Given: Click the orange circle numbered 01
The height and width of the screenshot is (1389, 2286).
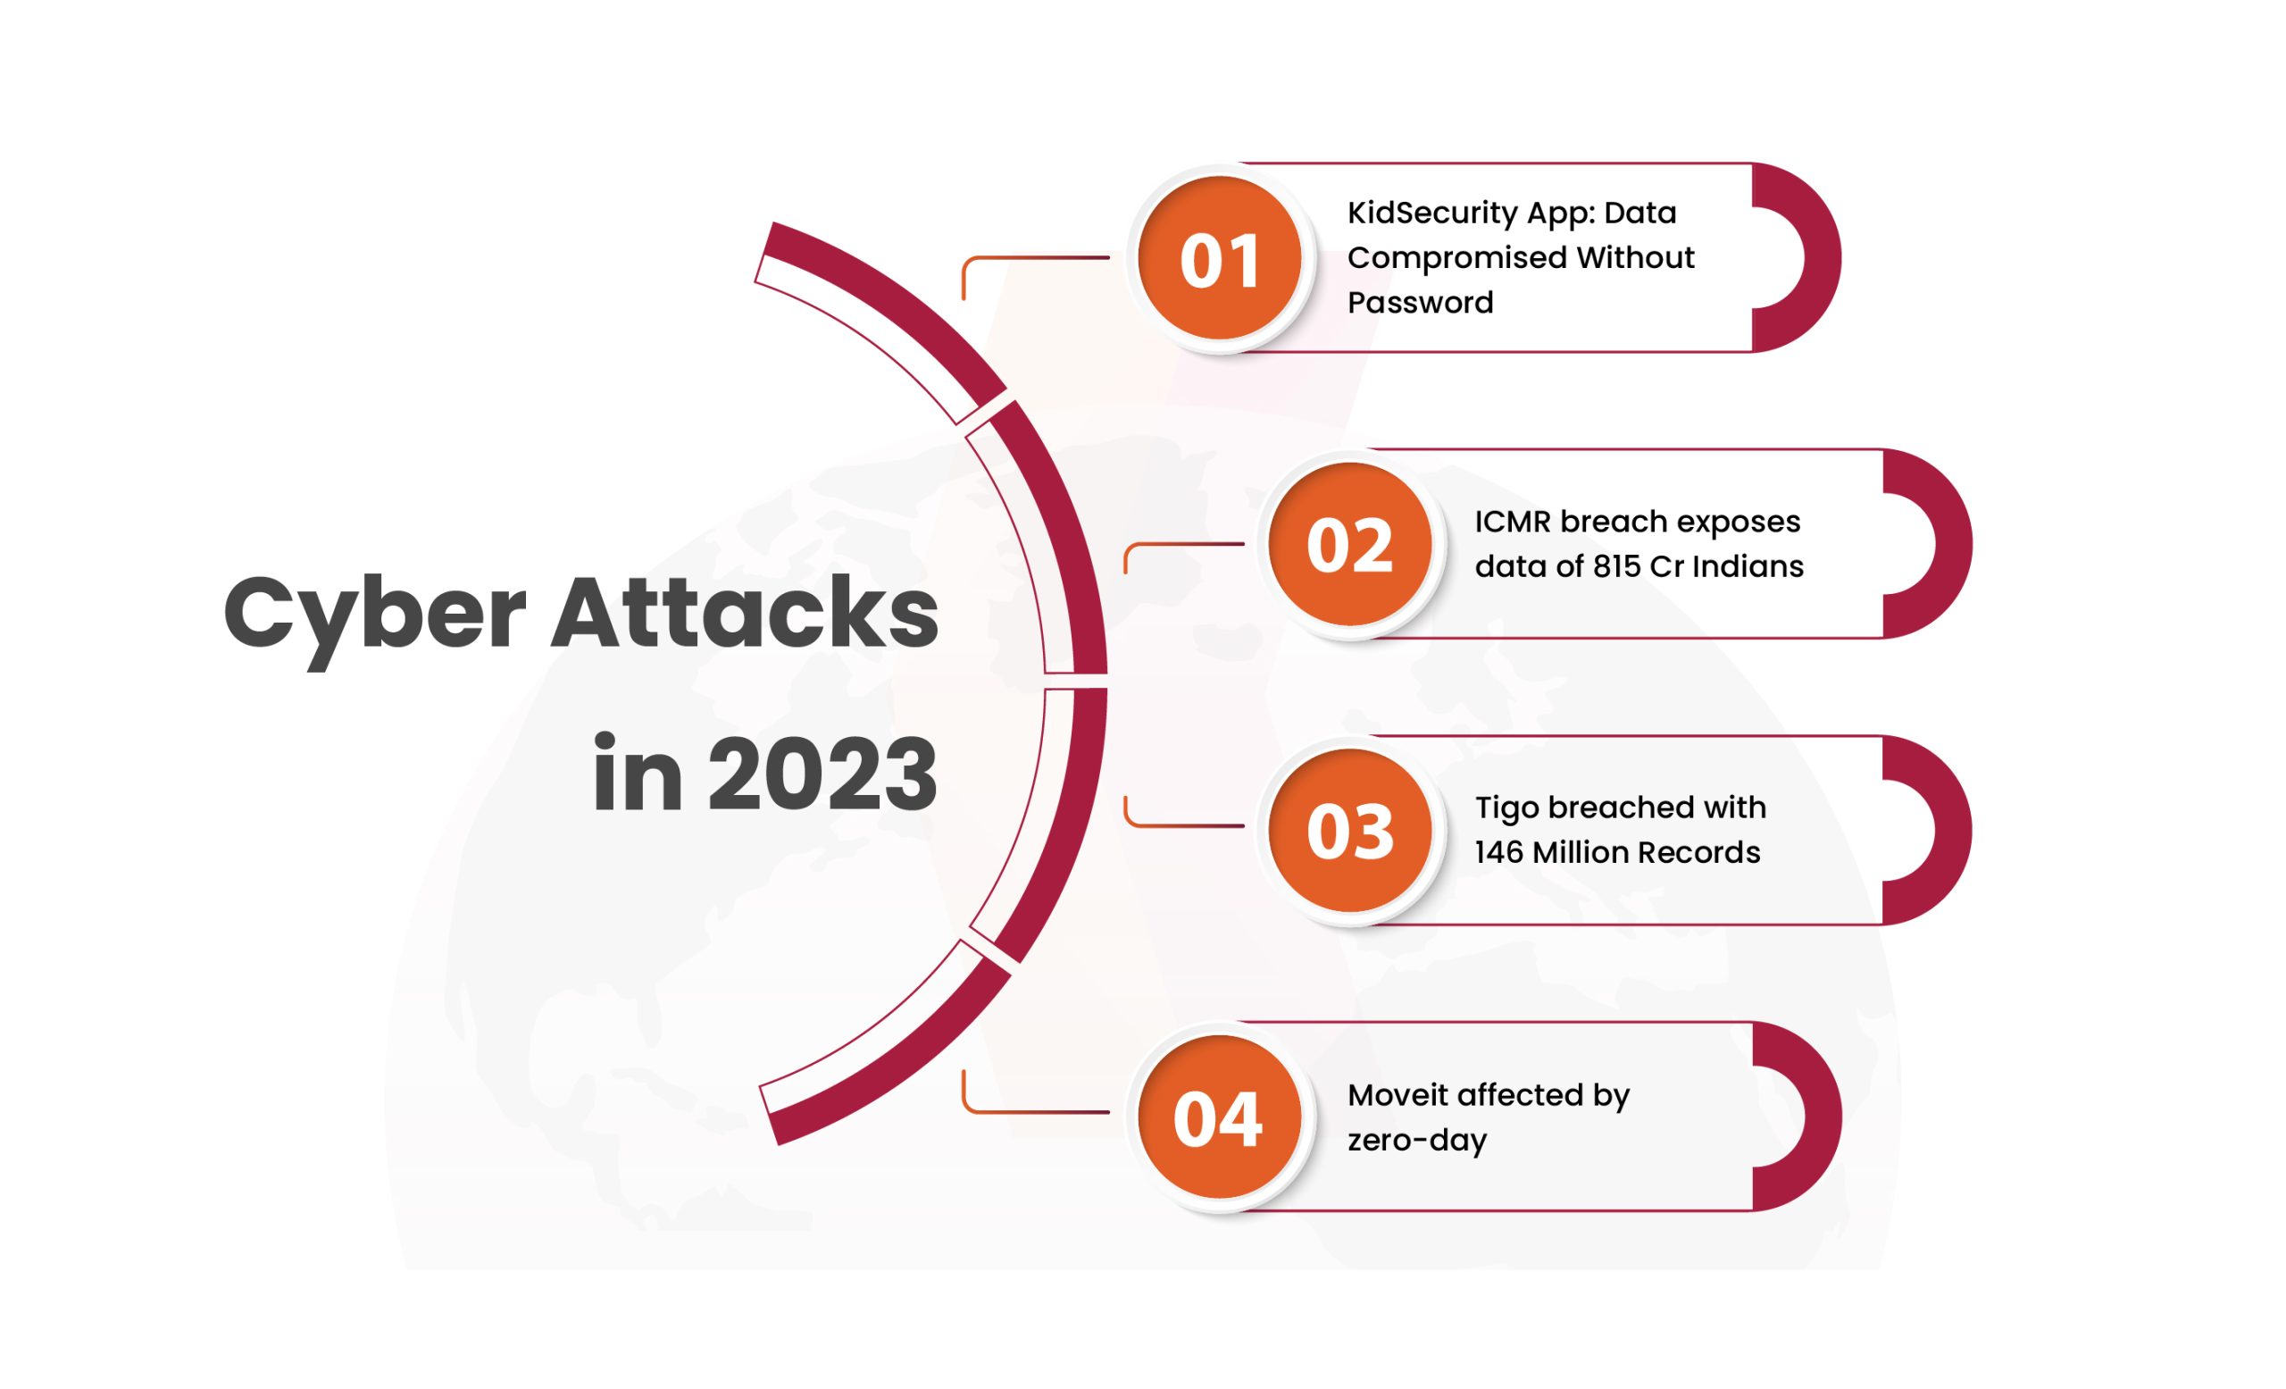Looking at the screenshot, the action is (1220, 258).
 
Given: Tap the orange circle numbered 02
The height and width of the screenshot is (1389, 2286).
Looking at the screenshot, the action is (1350, 544).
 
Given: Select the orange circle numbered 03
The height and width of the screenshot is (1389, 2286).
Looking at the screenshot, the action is (1350, 831).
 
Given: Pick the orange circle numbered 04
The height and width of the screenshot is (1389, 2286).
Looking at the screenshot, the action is (1220, 1117).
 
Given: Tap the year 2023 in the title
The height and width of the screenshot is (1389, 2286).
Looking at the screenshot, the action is (823, 773).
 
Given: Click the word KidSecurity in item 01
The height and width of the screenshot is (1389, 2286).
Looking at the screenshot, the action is (1433, 214).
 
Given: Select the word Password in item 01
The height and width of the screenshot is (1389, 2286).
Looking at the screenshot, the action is (1421, 303).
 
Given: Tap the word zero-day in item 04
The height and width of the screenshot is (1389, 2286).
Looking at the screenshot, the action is (1416, 1142).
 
